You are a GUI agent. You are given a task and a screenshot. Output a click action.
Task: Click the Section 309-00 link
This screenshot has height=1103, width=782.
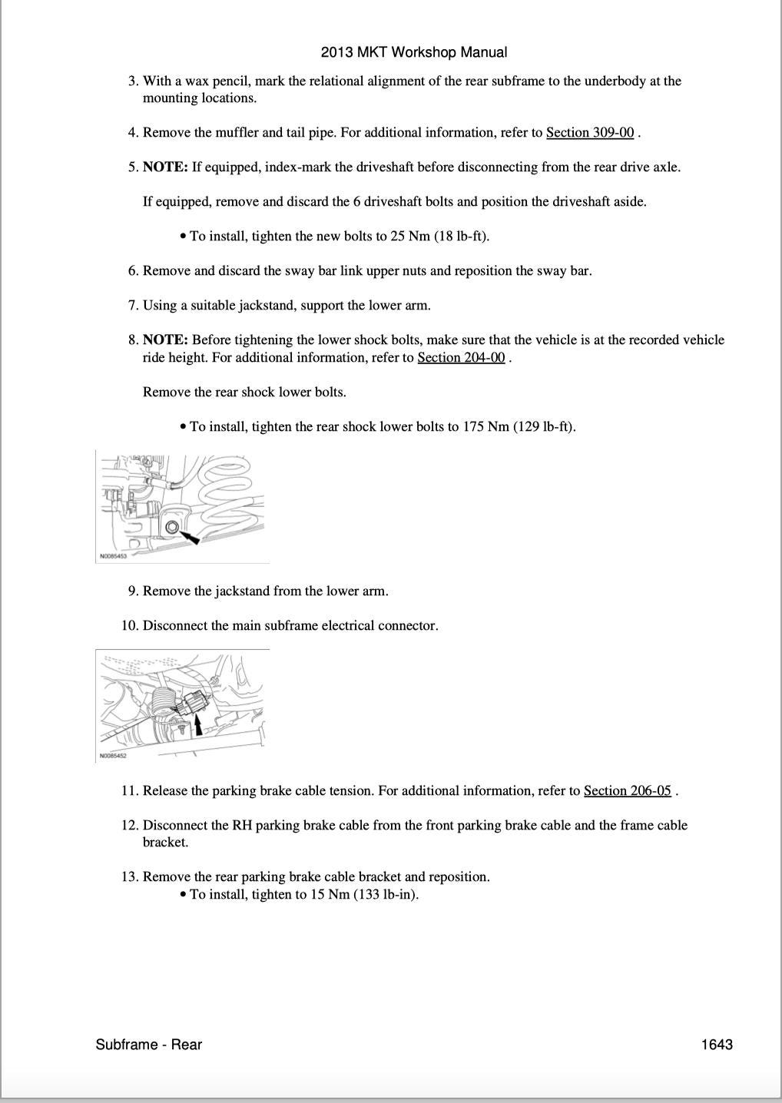590,132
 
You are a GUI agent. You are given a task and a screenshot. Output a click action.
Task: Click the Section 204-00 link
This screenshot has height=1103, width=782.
461,357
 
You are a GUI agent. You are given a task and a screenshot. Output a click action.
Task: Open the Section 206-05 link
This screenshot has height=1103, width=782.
628,790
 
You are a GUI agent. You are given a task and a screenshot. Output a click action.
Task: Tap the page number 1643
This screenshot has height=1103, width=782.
717,1044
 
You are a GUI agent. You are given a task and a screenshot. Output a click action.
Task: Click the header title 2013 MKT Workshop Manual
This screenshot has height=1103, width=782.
414,52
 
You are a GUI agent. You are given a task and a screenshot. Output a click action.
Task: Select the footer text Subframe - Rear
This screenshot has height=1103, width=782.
149,1044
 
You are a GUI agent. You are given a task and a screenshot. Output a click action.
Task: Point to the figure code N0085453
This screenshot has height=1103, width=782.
113,556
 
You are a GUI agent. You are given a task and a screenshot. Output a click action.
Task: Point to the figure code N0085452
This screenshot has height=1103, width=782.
113,756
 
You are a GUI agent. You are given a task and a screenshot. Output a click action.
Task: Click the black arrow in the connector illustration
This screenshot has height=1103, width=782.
198,725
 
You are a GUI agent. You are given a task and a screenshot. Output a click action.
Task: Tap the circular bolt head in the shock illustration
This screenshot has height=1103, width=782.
171,526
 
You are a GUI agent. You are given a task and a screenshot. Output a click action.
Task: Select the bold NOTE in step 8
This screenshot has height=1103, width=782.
165,340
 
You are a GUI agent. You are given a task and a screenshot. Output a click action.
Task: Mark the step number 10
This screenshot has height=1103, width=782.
129,625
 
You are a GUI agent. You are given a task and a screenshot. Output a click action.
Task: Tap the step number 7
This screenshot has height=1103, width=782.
132,305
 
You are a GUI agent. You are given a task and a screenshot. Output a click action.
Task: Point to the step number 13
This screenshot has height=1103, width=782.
129,876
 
